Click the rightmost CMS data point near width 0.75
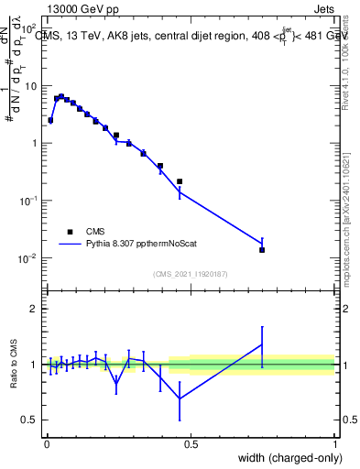[262, 249]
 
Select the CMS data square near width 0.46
[180, 181]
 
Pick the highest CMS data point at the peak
[61, 96]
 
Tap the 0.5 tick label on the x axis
[191, 445]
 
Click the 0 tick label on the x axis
[47, 445]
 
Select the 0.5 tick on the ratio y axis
[30, 420]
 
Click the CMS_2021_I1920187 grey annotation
[191, 274]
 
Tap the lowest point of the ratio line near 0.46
[180, 398]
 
